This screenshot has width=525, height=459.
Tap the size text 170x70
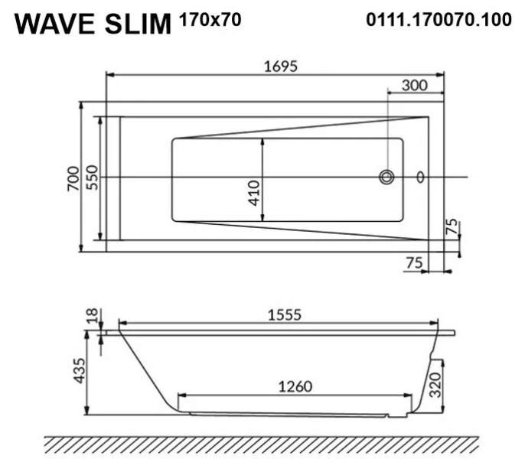point(210,20)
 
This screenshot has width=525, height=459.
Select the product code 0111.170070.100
point(439,20)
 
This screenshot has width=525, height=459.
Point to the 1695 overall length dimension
point(275,66)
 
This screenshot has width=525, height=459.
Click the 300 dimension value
point(414,86)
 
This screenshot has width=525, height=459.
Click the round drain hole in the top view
point(386,177)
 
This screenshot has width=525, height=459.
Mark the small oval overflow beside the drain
point(419,177)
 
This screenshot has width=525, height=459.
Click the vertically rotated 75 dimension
point(452,226)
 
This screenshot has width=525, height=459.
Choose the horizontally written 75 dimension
point(414,262)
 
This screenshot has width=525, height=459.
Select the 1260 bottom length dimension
point(293,386)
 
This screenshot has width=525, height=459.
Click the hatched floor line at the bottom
point(260,444)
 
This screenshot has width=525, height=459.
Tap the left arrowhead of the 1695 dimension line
point(109,75)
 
